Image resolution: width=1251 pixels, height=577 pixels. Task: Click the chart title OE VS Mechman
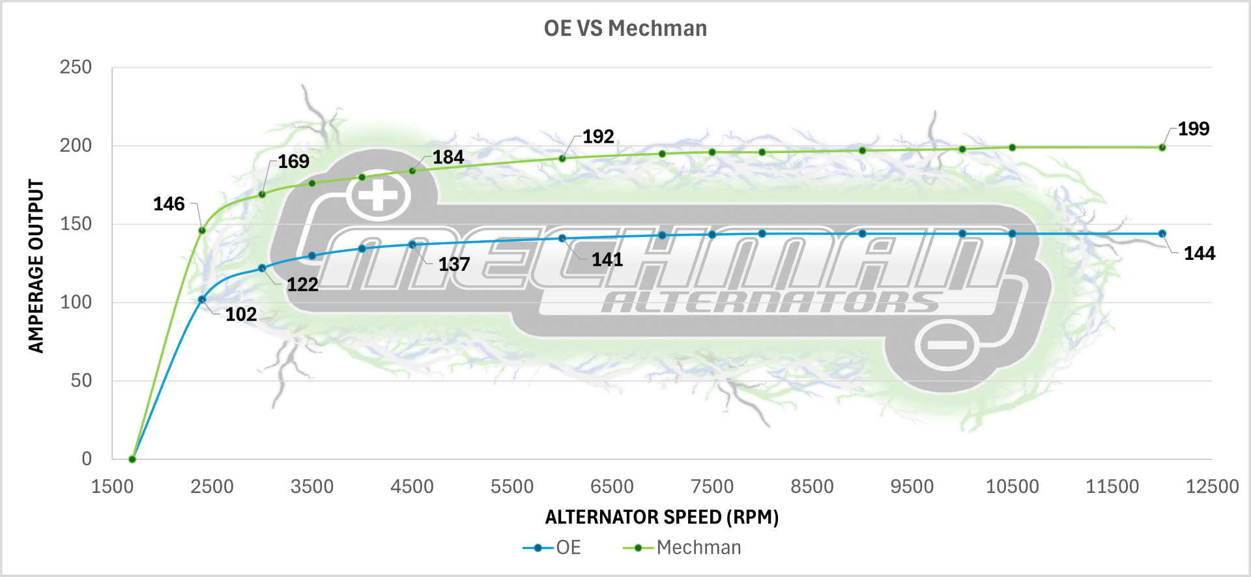625,29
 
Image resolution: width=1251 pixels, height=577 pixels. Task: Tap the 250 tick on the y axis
76,67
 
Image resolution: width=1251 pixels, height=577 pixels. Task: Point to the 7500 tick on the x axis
712,486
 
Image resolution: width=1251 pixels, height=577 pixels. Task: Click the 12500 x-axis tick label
1212,486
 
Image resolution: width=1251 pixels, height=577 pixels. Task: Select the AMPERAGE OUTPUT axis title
36,266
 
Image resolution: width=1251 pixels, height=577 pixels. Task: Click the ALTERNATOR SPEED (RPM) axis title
662,517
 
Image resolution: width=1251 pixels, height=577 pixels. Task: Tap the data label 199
1194,129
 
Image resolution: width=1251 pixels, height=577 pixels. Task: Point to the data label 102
241,315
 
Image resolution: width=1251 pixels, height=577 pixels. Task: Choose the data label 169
293,162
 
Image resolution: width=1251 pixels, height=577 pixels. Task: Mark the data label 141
607,260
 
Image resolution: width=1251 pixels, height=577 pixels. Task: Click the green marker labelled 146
202,231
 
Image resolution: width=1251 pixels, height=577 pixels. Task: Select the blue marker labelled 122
262,268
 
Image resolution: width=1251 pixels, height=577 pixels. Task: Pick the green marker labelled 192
562,158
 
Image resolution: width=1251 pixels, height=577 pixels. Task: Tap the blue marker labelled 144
1162,234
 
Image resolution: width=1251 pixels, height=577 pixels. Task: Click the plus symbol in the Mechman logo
379,195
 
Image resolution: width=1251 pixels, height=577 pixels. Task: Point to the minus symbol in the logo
947,345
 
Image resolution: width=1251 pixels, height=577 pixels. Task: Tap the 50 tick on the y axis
81,380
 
